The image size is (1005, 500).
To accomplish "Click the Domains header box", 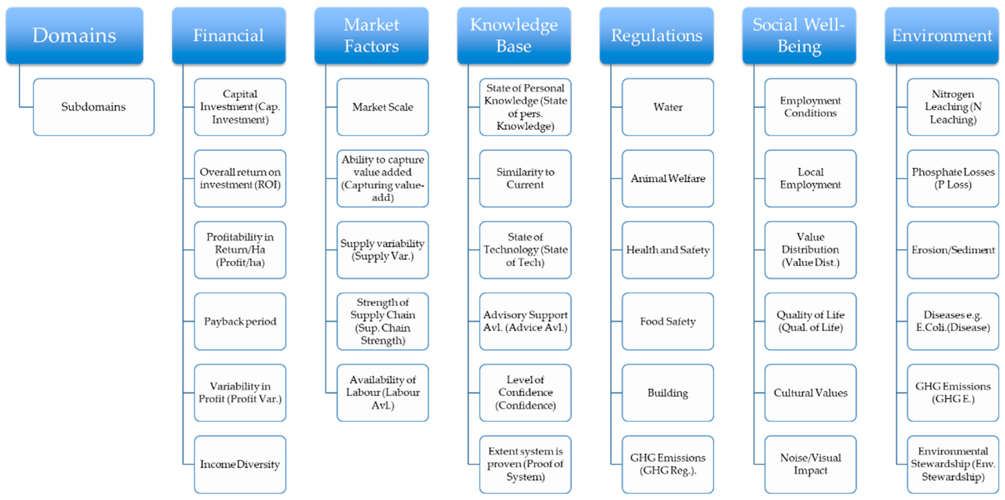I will click(74, 35).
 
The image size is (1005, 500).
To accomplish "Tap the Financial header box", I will click(229, 35).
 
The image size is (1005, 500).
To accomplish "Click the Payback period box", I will click(240, 321).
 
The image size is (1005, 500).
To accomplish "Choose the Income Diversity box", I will click(240, 464).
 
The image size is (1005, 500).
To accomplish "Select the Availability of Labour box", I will click(382, 392).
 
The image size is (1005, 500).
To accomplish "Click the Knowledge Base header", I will click(514, 35).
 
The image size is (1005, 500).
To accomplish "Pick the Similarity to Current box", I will click(525, 178).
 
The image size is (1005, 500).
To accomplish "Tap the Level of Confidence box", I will click(525, 392).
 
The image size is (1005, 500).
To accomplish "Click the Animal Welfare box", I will click(668, 178).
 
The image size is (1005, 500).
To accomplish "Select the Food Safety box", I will click(668, 321).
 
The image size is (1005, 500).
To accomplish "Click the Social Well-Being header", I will click(799, 35).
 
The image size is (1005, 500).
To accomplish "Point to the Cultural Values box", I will click(810, 392).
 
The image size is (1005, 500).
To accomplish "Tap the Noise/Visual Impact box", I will click(810, 464).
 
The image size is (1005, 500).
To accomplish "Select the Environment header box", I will click(941, 35).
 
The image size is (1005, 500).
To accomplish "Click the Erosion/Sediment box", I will click(953, 250).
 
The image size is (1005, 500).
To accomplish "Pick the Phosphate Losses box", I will click(953, 178).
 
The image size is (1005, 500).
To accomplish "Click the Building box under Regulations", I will click(668, 392).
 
